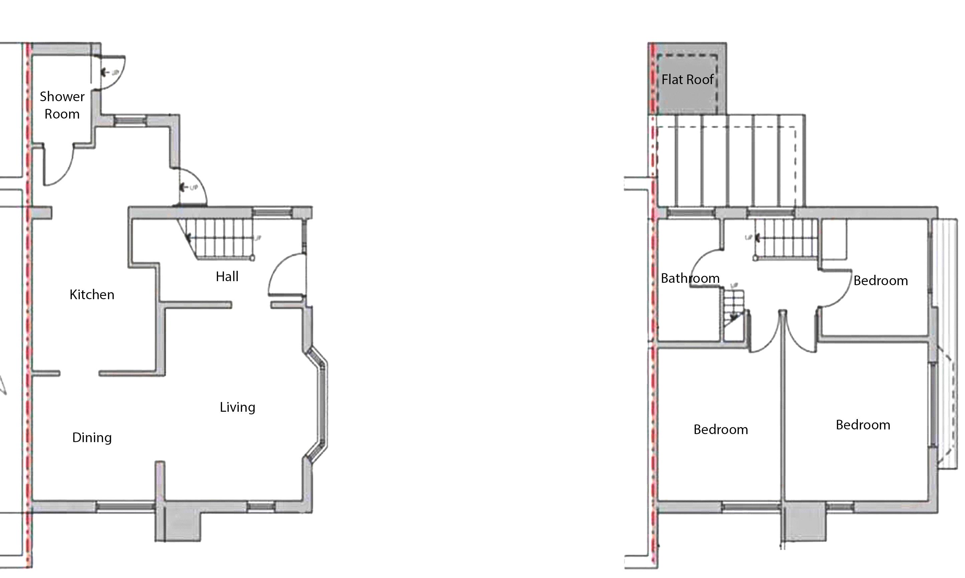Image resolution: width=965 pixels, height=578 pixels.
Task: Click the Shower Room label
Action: coord(62,105)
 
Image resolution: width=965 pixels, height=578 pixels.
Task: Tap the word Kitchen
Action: coord(92,295)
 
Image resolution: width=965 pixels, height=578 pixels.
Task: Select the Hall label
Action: coord(227,276)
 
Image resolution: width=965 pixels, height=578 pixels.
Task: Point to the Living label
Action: coord(237,407)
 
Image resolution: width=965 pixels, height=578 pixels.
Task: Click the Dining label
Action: coord(92,437)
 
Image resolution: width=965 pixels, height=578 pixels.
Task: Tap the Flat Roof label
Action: coord(687,79)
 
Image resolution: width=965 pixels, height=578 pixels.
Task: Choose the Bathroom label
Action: coord(690,278)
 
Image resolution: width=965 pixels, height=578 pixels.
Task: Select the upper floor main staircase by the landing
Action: coord(787,238)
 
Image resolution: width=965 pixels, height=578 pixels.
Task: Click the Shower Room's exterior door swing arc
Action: coord(115,74)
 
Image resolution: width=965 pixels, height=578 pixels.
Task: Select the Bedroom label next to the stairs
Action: coord(881,280)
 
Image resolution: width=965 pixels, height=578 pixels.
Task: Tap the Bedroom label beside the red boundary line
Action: coord(721,429)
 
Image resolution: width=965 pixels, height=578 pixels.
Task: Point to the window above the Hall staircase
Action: coord(272,213)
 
